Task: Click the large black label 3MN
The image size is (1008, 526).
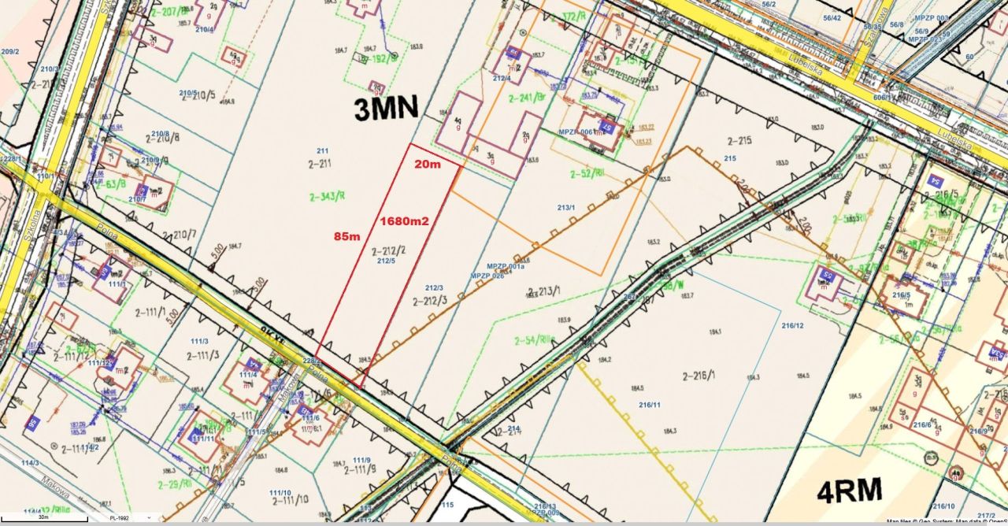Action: (386, 108)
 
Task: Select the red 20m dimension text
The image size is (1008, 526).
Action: (428, 163)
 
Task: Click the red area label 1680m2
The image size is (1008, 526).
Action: (404, 221)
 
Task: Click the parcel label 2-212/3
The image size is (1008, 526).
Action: (430, 300)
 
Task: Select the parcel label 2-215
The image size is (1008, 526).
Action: (739, 141)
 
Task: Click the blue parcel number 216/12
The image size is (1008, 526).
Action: (792, 326)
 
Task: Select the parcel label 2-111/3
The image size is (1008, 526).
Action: (209, 355)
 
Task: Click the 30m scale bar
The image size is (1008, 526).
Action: (43, 519)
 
